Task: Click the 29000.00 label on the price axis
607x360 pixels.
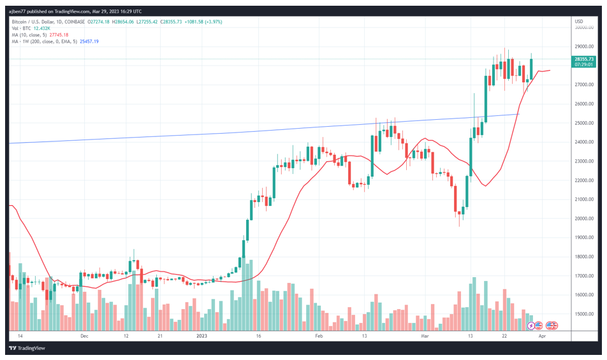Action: pos(585,47)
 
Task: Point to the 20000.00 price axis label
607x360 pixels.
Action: pos(585,219)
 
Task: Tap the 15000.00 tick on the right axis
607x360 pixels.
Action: pos(585,314)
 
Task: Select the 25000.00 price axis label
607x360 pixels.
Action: pos(585,123)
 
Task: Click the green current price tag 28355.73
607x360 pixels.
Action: pos(585,59)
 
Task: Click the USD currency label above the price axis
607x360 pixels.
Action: pos(578,21)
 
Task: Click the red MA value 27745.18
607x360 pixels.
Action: pos(55,34)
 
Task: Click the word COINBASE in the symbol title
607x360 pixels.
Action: pos(75,21)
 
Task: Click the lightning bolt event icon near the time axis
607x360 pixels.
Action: pos(532,326)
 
